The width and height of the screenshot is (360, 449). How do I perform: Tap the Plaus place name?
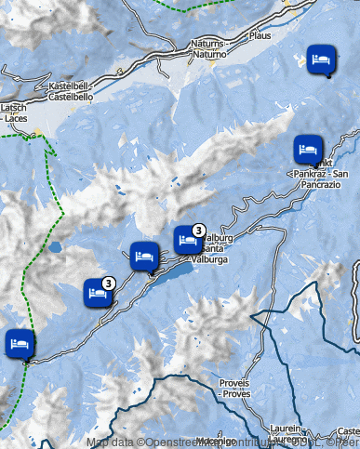260,35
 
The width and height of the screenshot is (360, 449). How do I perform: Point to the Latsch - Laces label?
15,113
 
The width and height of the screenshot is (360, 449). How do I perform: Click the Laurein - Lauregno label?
286,434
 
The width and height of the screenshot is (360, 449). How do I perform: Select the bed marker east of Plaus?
320,59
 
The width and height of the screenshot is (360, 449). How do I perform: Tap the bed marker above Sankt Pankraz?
307,148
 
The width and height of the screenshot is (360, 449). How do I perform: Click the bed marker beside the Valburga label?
187,240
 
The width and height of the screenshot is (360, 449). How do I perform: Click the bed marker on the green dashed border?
18,343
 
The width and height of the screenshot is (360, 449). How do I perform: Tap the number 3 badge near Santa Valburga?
199,230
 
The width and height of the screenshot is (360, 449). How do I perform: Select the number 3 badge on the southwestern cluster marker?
109,283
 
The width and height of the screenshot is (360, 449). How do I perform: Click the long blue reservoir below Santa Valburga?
175,274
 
